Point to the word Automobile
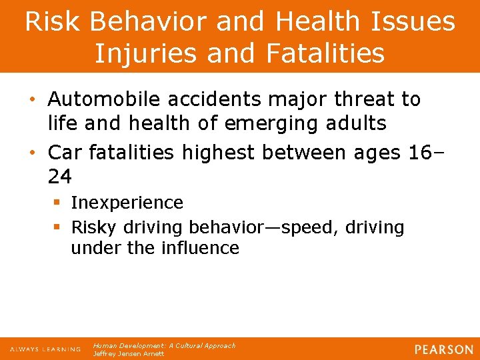coord(102,99)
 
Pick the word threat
coord(364,99)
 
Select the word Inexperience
coord(127,202)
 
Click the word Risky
coord(93,227)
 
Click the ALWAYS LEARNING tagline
coord(45,349)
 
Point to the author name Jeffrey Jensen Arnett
coord(128,354)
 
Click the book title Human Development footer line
coord(164,345)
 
